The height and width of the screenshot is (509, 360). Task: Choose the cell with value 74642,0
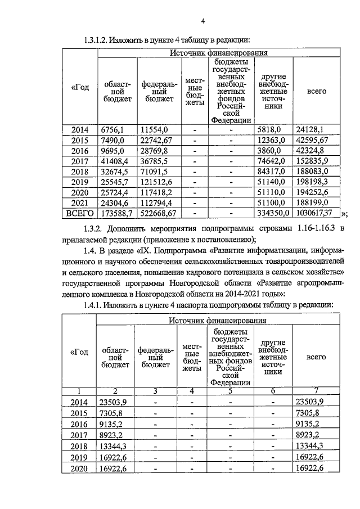[273, 161]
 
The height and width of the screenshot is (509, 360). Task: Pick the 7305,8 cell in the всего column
[309, 412]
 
